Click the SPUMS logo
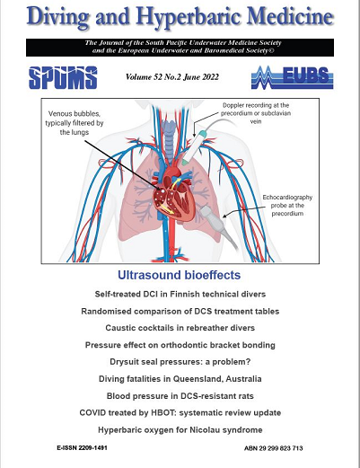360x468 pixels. [63, 77]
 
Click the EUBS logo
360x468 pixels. [292, 77]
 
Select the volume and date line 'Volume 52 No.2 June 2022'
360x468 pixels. [172, 77]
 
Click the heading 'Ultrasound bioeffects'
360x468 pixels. [179, 275]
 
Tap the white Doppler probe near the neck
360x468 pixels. [194, 147]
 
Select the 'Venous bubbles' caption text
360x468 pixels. [75, 123]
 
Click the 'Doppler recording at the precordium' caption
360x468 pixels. [256, 113]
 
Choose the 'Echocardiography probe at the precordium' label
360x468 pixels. [287, 206]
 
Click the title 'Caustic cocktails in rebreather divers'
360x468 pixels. [180, 328]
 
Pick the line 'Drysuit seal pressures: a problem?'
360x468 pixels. [180, 362]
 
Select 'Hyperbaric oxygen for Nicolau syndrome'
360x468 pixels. [180, 430]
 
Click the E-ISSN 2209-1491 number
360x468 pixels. [82, 448]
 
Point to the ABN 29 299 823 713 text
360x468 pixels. [274, 448]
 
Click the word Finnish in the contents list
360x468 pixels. [184, 294]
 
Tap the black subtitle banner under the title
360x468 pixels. [180, 48]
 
